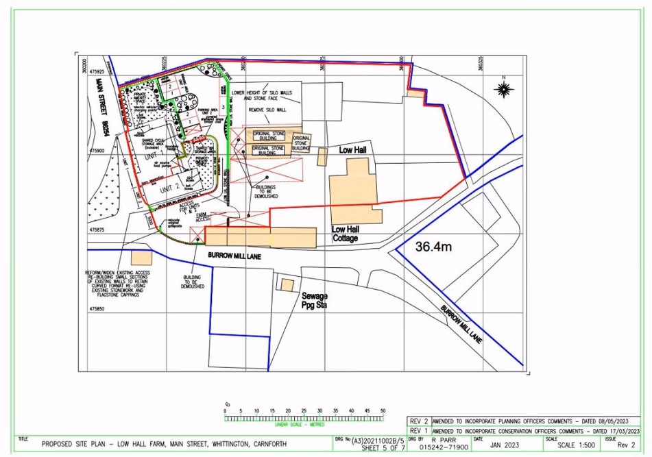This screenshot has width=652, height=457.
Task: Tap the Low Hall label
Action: click(354, 149)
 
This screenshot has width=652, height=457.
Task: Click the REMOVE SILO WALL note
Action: click(267, 110)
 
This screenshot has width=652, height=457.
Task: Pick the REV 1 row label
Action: click(417, 431)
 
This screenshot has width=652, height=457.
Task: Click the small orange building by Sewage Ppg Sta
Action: click(285, 284)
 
